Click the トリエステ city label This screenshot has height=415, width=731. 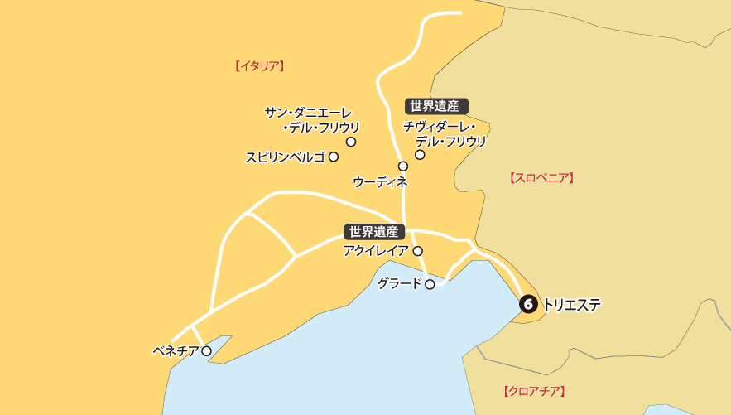[x=571, y=305]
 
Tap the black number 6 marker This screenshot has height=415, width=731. [x=528, y=305]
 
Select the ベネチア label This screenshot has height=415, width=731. [x=176, y=351]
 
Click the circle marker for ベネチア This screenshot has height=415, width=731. [x=206, y=351]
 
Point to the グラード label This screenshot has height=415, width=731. [x=400, y=283]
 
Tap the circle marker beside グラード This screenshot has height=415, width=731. [x=430, y=284]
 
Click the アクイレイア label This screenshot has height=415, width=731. [x=376, y=250]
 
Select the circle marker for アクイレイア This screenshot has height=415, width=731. [x=418, y=250]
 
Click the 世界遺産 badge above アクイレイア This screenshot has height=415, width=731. [x=374, y=232]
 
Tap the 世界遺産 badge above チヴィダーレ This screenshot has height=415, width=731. [x=435, y=106]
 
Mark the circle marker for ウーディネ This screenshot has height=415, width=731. [x=403, y=166]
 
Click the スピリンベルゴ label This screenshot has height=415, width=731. [x=285, y=157]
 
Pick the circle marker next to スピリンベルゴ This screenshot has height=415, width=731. [x=334, y=156]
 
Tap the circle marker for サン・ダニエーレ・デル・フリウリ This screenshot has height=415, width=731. [x=351, y=142]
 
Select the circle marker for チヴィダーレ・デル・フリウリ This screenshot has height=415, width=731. [x=420, y=155]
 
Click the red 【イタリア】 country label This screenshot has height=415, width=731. [x=259, y=65]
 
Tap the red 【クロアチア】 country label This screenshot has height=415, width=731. [x=534, y=390]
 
